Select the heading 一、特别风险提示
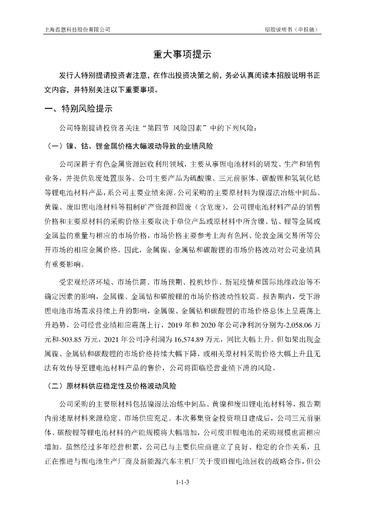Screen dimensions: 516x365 click(79, 109)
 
